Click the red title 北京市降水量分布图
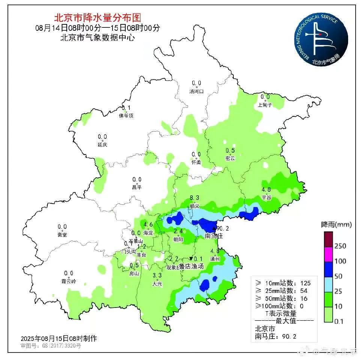[98, 17]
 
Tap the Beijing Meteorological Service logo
[320, 39]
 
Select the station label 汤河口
[196, 91]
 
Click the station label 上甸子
[265, 105]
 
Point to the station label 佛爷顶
[126, 116]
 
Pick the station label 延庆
[102, 145]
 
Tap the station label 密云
[230, 159]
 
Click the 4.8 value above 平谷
[266, 189]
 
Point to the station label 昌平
[137, 187]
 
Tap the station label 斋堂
[62, 235]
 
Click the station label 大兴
[157, 284]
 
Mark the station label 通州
[215, 259]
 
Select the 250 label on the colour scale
[340, 246]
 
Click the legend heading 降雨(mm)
[336, 225]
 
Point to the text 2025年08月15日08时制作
[59, 339]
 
